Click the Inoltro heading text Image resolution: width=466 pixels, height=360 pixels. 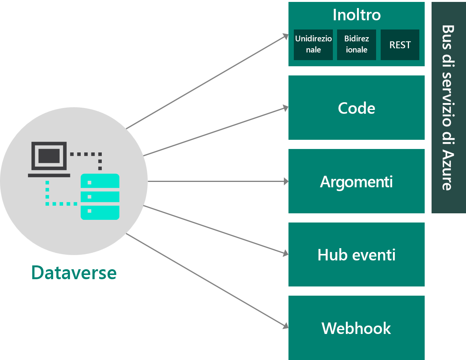pyautogui.click(x=356, y=15)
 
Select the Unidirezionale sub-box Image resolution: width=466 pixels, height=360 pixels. pyautogui.click(x=313, y=45)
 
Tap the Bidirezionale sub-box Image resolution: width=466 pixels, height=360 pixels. pyautogui.click(x=356, y=45)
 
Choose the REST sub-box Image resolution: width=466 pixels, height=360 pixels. pyautogui.click(x=400, y=45)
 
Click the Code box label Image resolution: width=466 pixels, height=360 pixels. pyautogui.click(x=356, y=108)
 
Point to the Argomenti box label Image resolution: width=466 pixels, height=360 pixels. pyautogui.click(x=356, y=182)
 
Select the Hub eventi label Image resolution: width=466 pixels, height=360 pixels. pyautogui.click(x=356, y=255)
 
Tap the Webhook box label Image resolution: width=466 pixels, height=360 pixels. pyautogui.click(x=356, y=329)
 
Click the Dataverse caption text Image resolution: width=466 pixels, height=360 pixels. pyautogui.click(x=74, y=273)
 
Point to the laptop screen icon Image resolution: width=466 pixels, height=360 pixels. pyautogui.click(x=49, y=156)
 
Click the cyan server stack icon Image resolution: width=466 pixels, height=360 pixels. pyautogui.click(x=100, y=196)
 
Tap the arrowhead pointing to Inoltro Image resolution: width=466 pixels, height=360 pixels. pyautogui.click(x=285, y=36)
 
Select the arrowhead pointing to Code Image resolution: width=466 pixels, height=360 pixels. pyautogui.click(x=285, y=108)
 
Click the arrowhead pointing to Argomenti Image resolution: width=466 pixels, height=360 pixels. pyautogui.click(x=286, y=182)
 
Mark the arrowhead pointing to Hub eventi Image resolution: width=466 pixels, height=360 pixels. pyautogui.click(x=285, y=254)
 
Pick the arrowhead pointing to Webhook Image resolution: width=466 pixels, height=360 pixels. pyautogui.click(x=285, y=326)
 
